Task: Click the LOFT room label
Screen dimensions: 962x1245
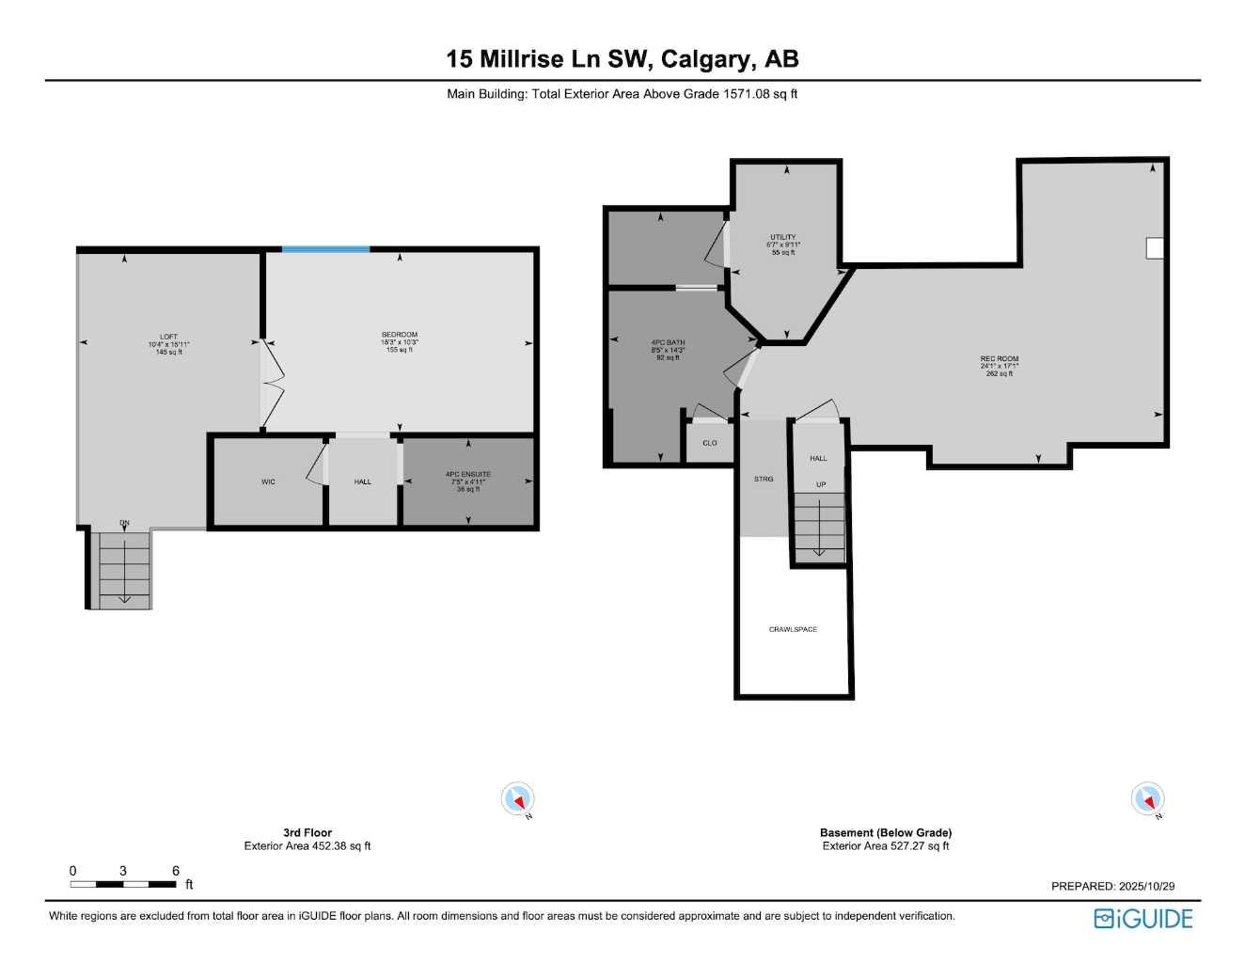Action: coord(168,337)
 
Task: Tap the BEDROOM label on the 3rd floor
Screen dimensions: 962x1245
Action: coord(400,335)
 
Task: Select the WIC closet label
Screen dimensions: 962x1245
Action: coord(269,482)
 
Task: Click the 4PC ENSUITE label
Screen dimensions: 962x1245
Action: coord(468,475)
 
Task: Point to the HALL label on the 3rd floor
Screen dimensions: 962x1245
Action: coord(363,482)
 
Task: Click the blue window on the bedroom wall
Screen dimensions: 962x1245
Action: coord(325,249)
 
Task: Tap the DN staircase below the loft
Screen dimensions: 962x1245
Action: coord(124,569)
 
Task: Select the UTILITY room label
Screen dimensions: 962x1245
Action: coord(783,238)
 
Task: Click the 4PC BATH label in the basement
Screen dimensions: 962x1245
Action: coord(668,343)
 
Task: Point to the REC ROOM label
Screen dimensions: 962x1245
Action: coord(999,359)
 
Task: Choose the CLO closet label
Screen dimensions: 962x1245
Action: coord(710,443)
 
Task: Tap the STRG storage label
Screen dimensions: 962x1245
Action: coord(764,480)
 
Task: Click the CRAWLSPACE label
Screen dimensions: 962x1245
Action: coord(793,629)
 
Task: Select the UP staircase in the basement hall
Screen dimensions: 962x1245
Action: coord(819,527)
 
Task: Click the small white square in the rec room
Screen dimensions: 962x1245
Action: coord(1155,248)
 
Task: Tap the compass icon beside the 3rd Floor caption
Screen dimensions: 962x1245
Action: coord(517,799)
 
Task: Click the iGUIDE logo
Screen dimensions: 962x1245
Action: coord(1143,919)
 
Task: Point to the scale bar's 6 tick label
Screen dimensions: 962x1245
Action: coord(176,871)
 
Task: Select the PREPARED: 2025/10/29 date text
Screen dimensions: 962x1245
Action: coord(1112,886)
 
